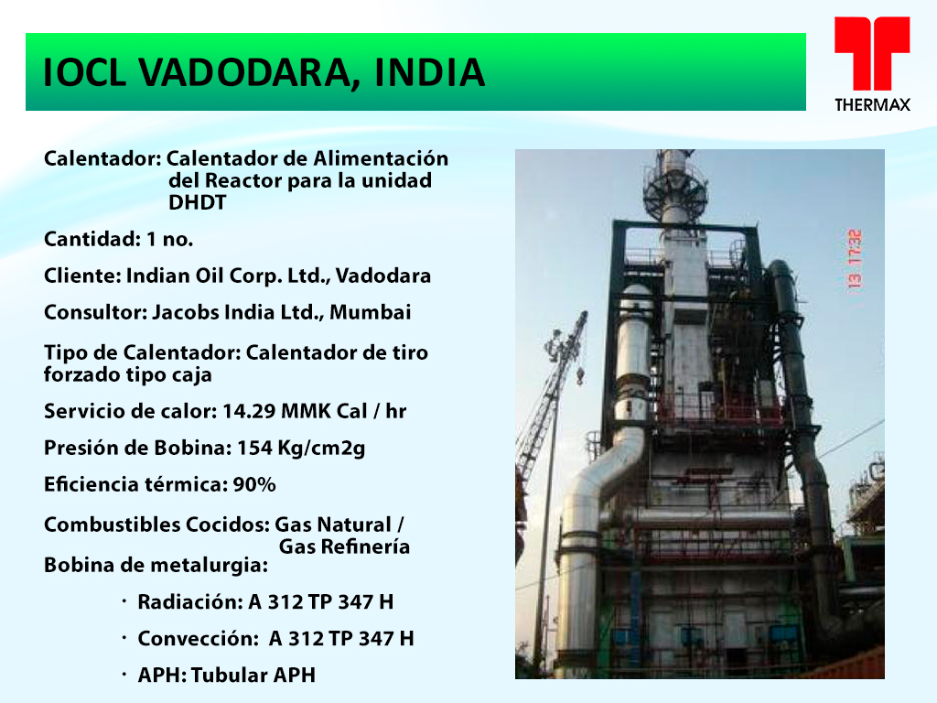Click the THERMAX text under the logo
tap(872, 105)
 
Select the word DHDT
tap(198, 202)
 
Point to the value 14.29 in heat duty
tap(248, 411)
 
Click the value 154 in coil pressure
tap(255, 448)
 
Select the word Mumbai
tap(371, 312)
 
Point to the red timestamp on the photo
tap(856, 259)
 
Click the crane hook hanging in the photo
tap(579, 376)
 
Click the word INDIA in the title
tap(430, 73)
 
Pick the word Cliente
tap(82, 276)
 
